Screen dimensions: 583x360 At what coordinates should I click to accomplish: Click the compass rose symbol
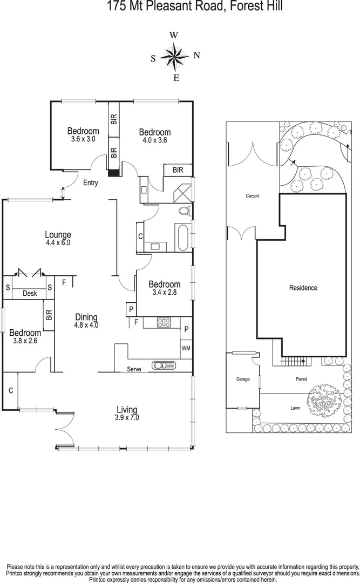click(x=174, y=56)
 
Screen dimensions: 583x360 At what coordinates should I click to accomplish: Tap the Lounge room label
click(x=58, y=235)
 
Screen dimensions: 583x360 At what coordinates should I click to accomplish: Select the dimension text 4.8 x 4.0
click(x=86, y=325)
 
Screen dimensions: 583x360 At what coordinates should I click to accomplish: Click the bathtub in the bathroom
click(x=182, y=238)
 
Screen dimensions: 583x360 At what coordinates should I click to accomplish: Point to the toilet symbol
click(x=184, y=211)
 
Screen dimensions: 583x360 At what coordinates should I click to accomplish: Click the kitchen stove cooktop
click(x=164, y=323)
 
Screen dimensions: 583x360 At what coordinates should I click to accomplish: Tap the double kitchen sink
click(x=164, y=365)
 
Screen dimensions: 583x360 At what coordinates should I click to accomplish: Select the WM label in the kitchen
click(x=186, y=348)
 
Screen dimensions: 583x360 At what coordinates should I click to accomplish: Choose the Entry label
click(x=90, y=183)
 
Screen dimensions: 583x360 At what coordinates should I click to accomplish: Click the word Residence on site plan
click(x=303, y=288)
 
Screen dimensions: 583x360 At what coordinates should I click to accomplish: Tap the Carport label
click(x=253, y=196)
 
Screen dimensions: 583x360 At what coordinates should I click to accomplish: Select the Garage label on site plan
click(x=242, y=379)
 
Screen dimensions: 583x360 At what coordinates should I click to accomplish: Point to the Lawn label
click(x=295, y=408)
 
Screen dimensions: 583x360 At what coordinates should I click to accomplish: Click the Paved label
click(x=301, y=379)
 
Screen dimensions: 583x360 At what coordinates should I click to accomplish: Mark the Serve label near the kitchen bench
click(x=134, y=369)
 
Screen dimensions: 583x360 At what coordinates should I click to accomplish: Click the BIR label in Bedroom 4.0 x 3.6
click(x=178, y=170)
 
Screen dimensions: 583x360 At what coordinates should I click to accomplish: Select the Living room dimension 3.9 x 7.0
click(x=126, y=417)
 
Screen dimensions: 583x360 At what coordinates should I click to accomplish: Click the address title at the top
click(x=179, y=7)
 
